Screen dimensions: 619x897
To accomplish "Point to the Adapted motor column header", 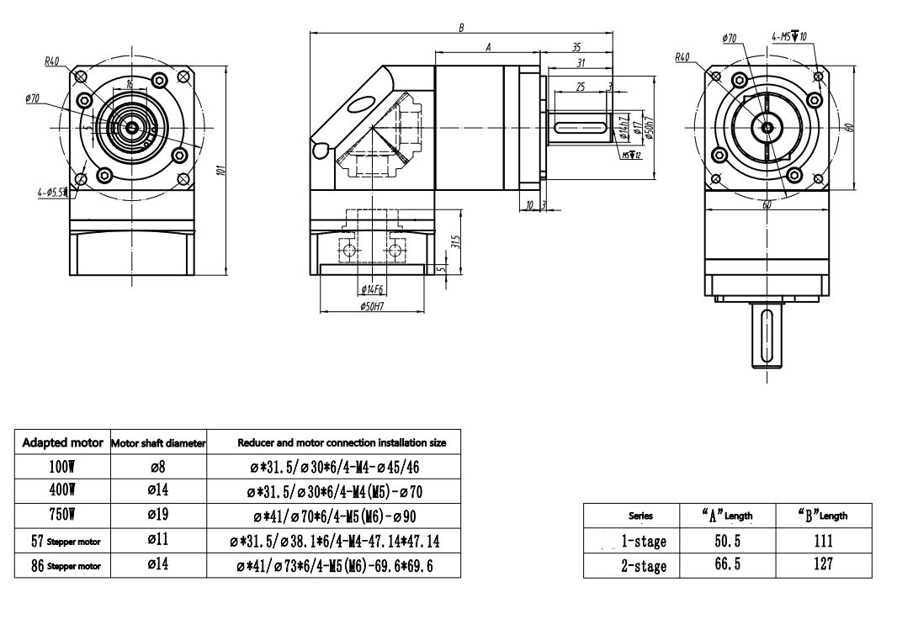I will pyautogui.click(x=62, y=442).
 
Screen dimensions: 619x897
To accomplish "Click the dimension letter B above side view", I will pyautogui.click(x=461, y=28).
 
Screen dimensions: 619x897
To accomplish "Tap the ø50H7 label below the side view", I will pyautogui.click(x=371, y=307).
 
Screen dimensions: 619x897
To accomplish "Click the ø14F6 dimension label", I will pyautogui.click(x=371, y=289).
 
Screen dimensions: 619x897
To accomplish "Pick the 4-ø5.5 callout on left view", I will pyautogui.click(x=52, y=193).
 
